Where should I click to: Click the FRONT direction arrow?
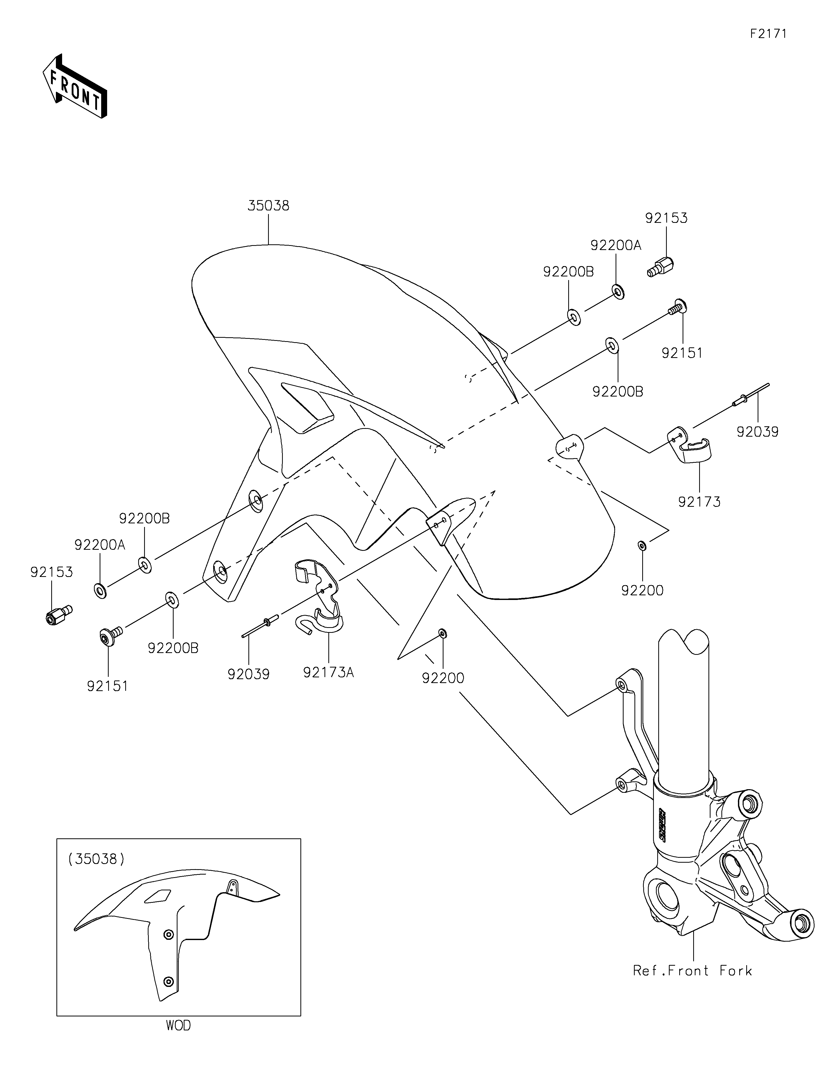[x=75, y=86]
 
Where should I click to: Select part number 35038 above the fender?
[x=268, y=206]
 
